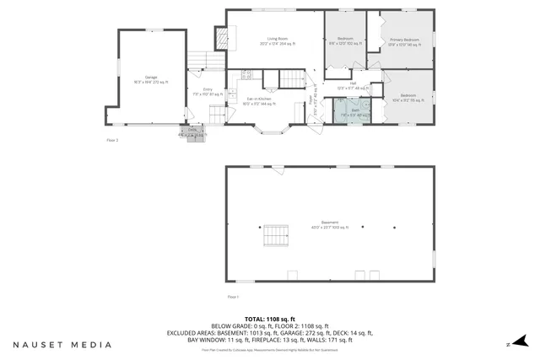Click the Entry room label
click(x=208, y=90)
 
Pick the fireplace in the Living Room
click(x=222, y=39)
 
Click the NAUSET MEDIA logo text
click(x=62, y=345)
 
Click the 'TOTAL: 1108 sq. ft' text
click(x=270, y=320)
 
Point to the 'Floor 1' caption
click(x=234, y=297)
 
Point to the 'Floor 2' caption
click(x=112, y=140)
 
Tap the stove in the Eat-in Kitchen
click(x=246, y=74)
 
